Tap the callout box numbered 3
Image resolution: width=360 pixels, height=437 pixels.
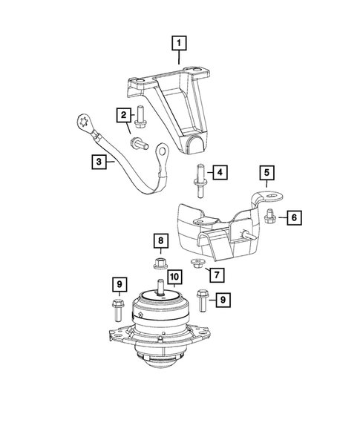[x=98, y=160]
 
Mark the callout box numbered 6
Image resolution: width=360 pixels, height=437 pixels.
[x=293, y=217]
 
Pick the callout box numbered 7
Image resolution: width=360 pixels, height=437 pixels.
[x=217, y=275]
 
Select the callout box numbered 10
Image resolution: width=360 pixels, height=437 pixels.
[x=173, y=277]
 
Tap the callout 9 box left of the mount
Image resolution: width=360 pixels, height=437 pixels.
[x=118, y=283]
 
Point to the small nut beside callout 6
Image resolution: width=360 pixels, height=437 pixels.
[x=271, y=216]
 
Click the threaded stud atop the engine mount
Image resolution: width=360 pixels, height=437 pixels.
[x=159, y=288]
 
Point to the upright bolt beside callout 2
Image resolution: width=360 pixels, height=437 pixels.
[x=140, y=115]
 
